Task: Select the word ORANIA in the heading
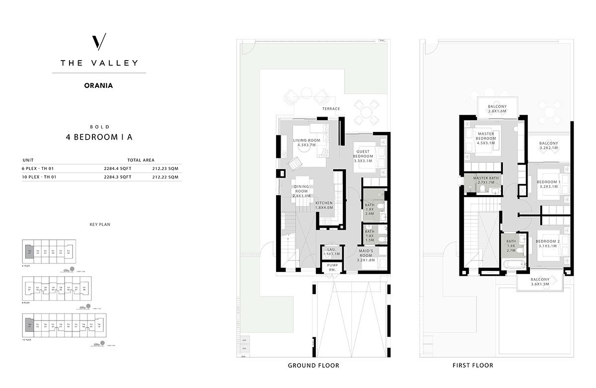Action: (99, 85)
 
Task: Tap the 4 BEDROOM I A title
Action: (99, 137)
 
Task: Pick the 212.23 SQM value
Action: (166, 169)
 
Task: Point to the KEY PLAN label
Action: (99, 225)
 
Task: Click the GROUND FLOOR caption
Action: (313, 366)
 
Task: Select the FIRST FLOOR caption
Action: (473, 366)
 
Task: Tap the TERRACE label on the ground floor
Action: (331, 109)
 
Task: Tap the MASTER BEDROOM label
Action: (485, 137)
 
